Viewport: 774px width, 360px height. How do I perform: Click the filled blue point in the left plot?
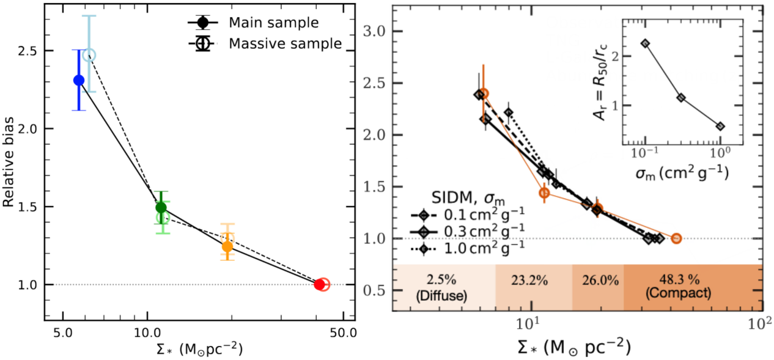79,80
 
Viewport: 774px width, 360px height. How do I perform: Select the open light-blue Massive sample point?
89,55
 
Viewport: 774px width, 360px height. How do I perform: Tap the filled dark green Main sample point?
161,207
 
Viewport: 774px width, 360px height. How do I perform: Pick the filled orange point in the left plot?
227,247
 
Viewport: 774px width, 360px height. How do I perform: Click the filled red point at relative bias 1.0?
319,284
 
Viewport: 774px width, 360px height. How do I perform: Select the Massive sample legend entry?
264,43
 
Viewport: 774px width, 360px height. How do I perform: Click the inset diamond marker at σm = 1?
720,126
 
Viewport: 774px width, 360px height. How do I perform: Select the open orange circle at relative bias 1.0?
676,238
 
